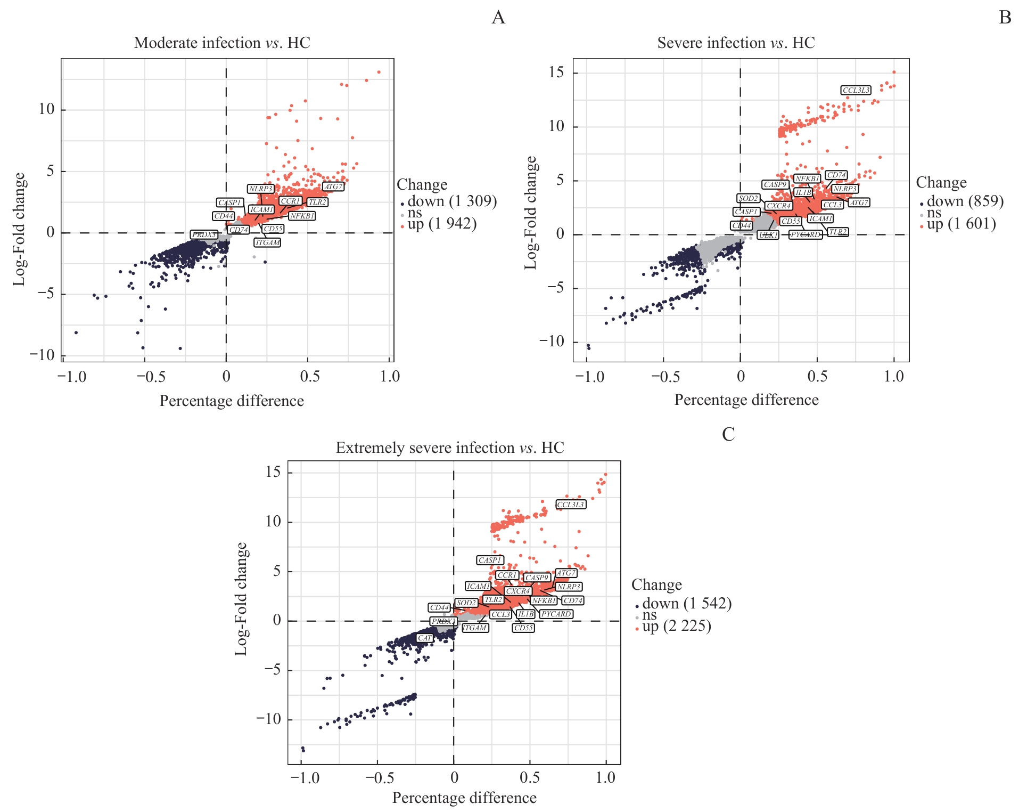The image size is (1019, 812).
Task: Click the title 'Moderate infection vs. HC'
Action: (222, 43)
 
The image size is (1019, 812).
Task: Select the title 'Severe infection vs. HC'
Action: (736, 43)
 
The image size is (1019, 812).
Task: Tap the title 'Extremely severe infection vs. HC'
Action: (450, 448)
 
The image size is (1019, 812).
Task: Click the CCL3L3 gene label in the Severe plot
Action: (856, 90)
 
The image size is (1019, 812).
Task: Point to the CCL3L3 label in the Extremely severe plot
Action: (571, 504)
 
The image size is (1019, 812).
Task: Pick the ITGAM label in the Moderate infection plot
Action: (268, 242)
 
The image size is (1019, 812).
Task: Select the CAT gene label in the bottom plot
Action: (425, 638)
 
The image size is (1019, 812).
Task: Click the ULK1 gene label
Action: (768, 234)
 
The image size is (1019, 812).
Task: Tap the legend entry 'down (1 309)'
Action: (452, 201)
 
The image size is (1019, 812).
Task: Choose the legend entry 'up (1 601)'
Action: (961, 224)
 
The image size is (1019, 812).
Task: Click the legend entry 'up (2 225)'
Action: (677, 626)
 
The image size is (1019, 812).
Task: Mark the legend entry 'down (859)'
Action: (965, 201)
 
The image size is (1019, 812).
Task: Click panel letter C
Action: (728, 435)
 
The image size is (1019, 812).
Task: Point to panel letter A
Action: (498, 18)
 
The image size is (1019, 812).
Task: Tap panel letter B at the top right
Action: (1005, 18)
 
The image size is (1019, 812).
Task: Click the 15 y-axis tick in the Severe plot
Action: (556, 72)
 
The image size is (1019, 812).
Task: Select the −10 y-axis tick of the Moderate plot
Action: (43, 355)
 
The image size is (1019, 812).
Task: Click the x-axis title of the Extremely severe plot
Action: (464, 798)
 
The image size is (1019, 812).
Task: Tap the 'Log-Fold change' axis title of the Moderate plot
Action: (19, 229)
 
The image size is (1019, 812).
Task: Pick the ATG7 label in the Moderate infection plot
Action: (333, 186)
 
